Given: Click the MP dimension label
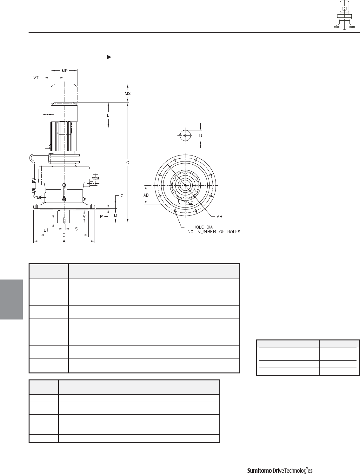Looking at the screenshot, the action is [x=65, y=71].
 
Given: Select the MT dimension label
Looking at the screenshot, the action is [x=36, y=78].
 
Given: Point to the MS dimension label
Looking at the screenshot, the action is [x=128, y=94].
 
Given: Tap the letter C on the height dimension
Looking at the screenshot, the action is [x=128, y=163].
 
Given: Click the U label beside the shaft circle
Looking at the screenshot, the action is [x=201, y=135].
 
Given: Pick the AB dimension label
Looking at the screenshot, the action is [x=146, y=195].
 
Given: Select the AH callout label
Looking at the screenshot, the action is [x=219, y=216].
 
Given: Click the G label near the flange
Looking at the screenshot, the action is [x=122, y=196].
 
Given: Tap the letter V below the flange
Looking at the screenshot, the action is [x=84, y=216].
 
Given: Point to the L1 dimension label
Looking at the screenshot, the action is [x=46, y=230].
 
